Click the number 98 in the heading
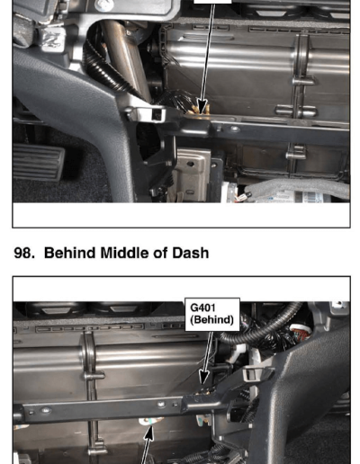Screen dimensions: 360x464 pos(22,253)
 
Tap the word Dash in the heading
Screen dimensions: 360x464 pos(190,253)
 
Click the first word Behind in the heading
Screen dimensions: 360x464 pos(70,253)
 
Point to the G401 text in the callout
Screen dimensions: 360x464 pos(202,308)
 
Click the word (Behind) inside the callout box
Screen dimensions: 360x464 pos(211,320)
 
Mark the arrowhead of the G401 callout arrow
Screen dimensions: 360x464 pos(204,377)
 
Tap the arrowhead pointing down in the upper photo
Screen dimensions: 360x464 pos(202,107)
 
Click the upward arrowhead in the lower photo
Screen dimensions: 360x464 pos(149,433)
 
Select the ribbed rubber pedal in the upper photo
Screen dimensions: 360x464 pos(39,162)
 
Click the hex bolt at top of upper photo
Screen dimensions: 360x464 pos(103,5)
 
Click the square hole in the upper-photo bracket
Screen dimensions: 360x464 pos(157,114)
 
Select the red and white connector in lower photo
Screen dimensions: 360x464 pos(300,333)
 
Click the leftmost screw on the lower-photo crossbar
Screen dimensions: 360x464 pos(46,410)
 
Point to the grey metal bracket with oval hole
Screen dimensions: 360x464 pos(190,174)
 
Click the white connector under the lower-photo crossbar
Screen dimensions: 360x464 pos(151,421)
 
